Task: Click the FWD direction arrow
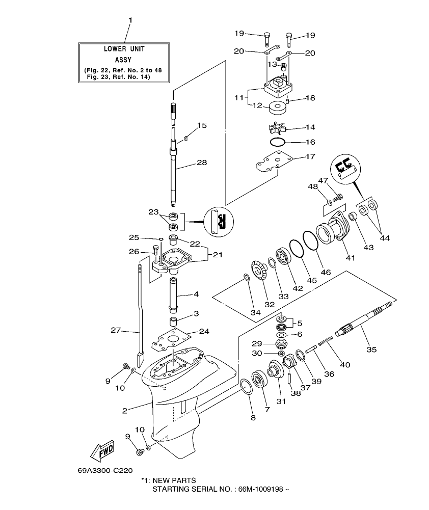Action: (x=102, y=450)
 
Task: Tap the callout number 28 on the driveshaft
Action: (x=202, y=163)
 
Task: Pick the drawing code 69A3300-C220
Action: (x=105, y=471)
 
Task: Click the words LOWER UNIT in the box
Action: (x=124, y=49)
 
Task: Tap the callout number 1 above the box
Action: (x=130, y=20)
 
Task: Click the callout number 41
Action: (x=351, y=258)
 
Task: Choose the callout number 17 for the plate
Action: (x=310, y=156)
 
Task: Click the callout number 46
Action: (x=326, y=272)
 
